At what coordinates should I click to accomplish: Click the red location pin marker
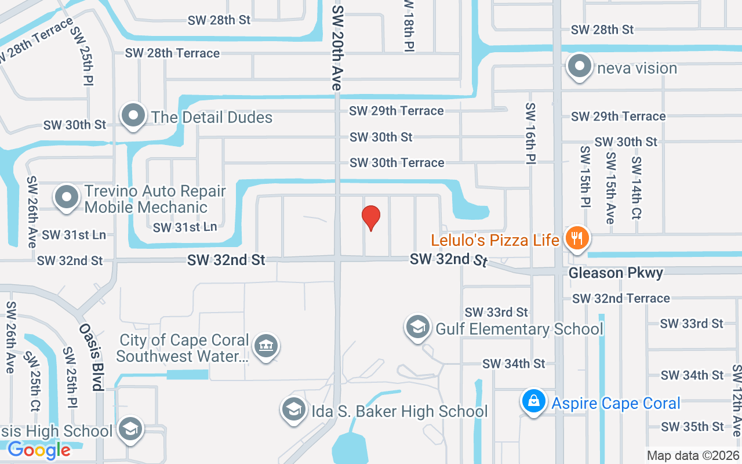point(371,217)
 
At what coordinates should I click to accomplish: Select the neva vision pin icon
point(579,67)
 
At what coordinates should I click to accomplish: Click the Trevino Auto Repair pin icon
point(67,197)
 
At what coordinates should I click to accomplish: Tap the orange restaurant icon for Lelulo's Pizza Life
point(576,238)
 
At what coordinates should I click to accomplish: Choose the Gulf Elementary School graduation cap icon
point(417,328)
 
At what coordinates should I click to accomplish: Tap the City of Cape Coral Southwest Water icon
point(266,346)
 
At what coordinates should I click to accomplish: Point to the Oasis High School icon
point(130,430)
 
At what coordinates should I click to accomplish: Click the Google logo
point(39,449)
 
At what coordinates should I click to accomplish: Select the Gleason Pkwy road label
point(616,273)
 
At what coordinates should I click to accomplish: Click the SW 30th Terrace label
point(397,162)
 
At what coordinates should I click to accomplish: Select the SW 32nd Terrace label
point(621,298)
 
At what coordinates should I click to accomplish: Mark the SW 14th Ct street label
point(636,187)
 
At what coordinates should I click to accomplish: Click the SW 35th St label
point(693,426)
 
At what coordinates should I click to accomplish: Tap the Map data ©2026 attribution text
point(693,455)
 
